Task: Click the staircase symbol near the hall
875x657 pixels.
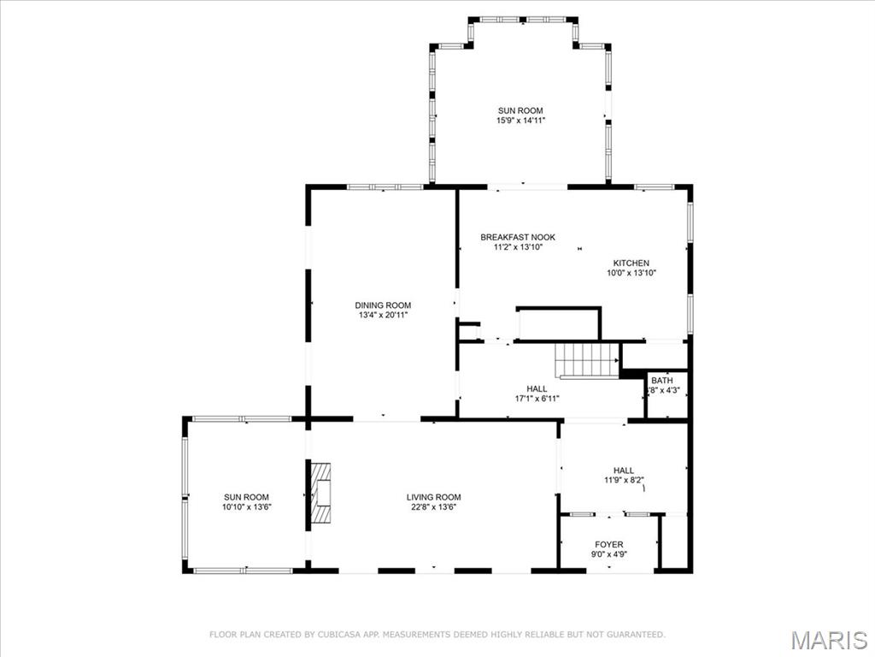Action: click(x=587, y=360)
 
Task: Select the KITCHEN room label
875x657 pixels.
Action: click(x=631, y=263)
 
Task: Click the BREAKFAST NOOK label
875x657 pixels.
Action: click(x=518, y=237)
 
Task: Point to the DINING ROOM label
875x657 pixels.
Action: click(x=383, y=305)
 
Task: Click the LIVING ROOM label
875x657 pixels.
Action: click(x=433, y=497)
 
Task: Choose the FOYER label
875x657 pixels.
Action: click(x=608, y=544)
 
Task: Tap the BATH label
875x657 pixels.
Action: click(x=661, y=381)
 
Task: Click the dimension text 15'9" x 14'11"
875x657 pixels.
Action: click(x=520, y=121)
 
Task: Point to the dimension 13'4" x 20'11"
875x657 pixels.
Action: click(x=383, y=316)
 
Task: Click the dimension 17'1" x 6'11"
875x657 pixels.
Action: click(x=537, y=399)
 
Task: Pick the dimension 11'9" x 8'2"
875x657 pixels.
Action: click(x=623, y=480)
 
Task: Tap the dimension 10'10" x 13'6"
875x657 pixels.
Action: click(x=246, y=507)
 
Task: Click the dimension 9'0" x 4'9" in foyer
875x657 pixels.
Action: click(x=608, y=554)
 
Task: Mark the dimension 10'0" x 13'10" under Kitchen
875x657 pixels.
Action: click(x=631, y=273)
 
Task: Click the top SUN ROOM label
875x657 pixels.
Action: click(x=520, y=110)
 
